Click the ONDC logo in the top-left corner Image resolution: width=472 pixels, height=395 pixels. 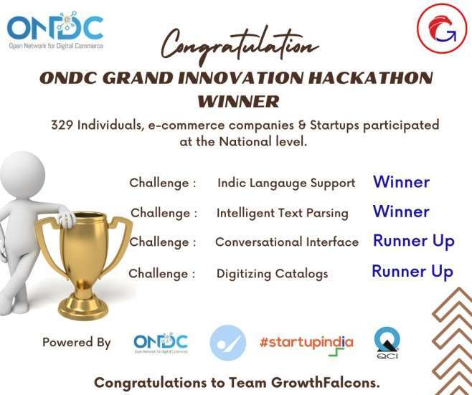tap(55, 30)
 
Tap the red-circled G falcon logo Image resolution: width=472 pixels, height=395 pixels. tap(442, 28)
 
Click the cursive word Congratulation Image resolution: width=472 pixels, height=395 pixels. tap(240, 46)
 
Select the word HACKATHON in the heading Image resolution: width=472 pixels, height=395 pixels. tap(371, 78)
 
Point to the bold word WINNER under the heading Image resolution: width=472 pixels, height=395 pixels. tap(238, 101)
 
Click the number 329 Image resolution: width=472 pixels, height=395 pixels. tap(62, 125)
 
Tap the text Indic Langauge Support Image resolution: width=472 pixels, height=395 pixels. tap(286, 184)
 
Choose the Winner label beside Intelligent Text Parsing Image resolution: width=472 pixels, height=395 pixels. tap(401, 211)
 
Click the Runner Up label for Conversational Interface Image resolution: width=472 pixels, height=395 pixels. tap(414, 242)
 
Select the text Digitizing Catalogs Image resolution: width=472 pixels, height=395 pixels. tap(272, 274)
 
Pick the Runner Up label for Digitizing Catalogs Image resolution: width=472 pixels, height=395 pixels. tap(412, 272)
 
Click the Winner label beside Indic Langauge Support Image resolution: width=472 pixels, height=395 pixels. tap(401, 181)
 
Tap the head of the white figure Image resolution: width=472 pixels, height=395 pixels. tap(23, 174)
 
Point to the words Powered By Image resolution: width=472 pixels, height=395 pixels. tap(77, 343)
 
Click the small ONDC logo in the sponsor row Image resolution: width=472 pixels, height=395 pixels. tap(161, 343)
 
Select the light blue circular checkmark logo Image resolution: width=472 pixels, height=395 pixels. tap(227, 343)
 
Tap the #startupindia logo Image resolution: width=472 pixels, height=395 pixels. tap(306, 344)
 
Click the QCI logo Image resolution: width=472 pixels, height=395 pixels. tap(387, 343)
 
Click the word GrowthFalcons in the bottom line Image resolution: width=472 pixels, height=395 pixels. tap(325, 383)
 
